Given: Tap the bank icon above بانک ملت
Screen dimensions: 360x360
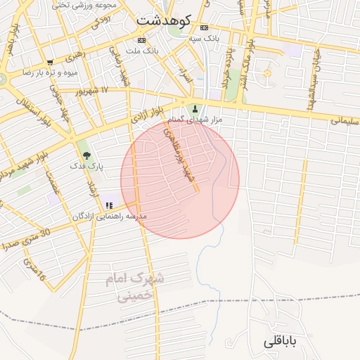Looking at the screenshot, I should (x=141, y=39).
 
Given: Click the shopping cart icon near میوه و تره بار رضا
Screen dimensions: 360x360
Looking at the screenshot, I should (x=50, y=62).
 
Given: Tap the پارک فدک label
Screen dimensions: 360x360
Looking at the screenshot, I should (x=86, y=166).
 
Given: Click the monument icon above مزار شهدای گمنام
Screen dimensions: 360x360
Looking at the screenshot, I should (x=195, y=108).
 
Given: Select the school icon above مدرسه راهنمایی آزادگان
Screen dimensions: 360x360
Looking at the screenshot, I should (x=109, y=205).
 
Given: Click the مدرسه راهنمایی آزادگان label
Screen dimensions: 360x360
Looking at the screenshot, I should (x=110, y=217).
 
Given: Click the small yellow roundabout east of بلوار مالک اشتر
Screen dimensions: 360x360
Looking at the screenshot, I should (x=266, y=74).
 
